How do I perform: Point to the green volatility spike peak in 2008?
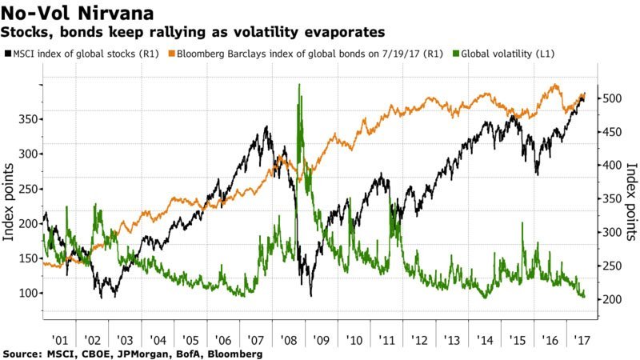(x=299, y=85)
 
